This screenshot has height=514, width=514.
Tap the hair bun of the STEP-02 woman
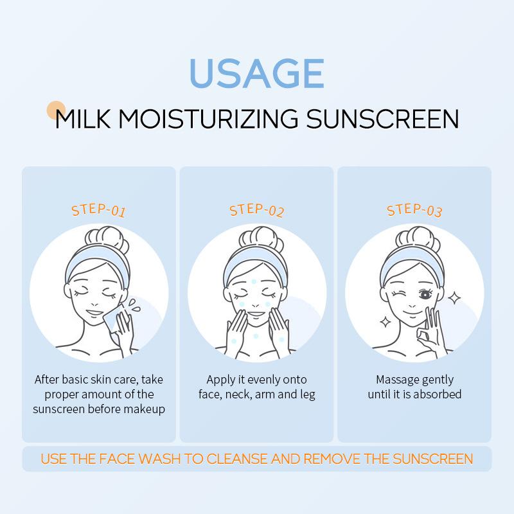[257, 240]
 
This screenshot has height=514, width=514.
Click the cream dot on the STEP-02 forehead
[255, 281]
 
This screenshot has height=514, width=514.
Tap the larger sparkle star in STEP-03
[454, 297]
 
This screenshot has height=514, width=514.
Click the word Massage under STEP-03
[397, 379]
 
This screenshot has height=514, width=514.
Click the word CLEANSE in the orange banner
[243, 459]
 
